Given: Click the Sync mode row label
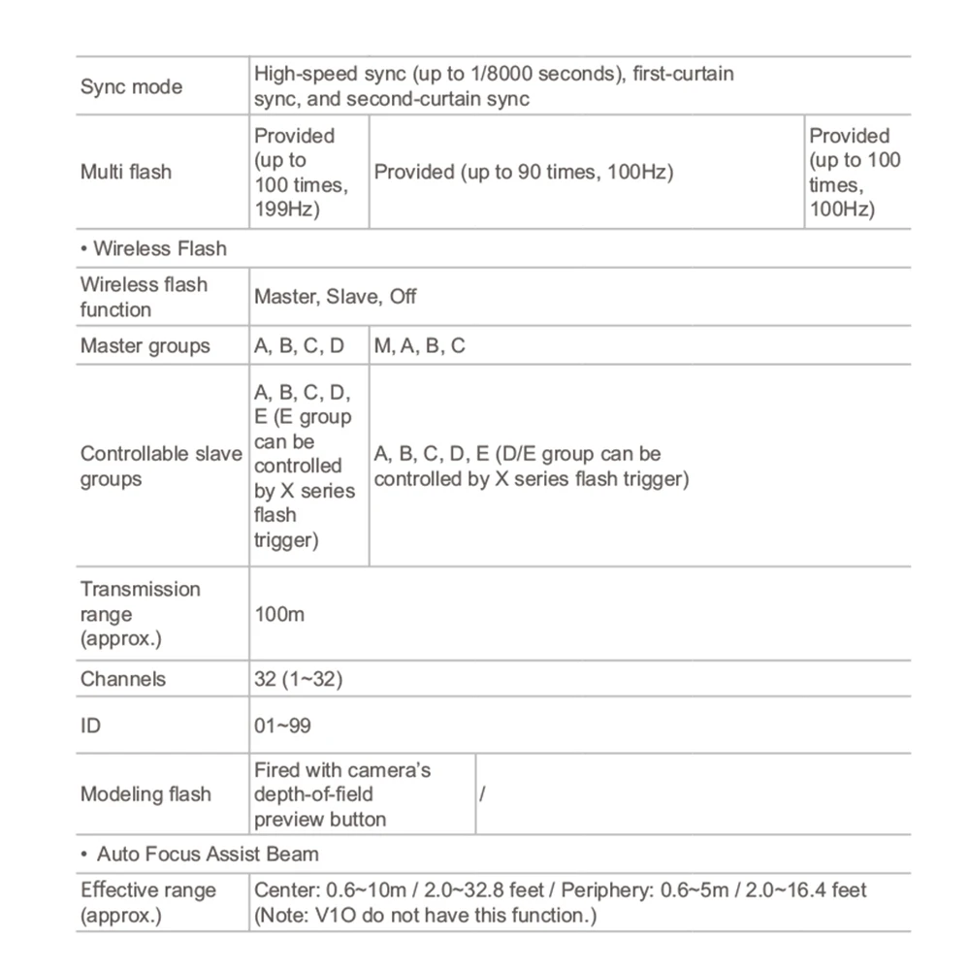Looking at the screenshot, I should (131, 87).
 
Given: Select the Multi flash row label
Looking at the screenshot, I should (126, 173).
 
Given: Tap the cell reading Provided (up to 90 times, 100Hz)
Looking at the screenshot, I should (524, 173).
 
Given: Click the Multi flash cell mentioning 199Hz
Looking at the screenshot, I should (301, 173).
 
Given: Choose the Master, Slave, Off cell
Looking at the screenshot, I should (336, 297).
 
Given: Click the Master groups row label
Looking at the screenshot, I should (145, 345).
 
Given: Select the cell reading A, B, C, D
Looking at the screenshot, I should (299, 345).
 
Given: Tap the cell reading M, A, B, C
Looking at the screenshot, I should (420, 345).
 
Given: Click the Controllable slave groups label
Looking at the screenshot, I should (161, 467).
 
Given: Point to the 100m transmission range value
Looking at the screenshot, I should (279, 614).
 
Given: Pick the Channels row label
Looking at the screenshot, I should (123, 679).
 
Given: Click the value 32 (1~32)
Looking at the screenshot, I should (298, 679).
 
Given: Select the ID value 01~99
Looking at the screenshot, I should (282, 725).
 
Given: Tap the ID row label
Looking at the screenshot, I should (90, 725).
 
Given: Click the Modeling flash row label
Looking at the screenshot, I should (145, 794).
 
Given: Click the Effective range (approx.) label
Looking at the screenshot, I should (148, 902).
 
